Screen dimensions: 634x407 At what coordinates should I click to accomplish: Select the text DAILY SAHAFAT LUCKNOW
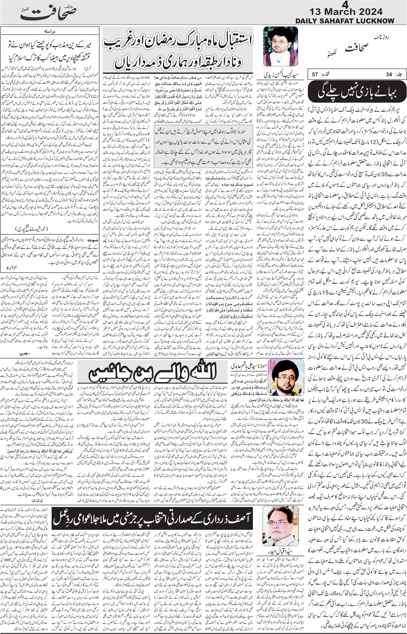[345, 21]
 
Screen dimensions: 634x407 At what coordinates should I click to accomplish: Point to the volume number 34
[389, 74]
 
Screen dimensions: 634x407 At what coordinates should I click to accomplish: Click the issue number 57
[315, 74]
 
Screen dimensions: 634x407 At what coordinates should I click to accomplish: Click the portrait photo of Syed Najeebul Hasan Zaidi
[280, 46]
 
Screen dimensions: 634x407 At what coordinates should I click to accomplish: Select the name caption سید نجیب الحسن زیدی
[280, 72]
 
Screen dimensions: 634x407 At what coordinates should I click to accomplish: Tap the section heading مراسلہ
[50, 31]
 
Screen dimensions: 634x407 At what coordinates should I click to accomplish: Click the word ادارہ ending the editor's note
[11, 267]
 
